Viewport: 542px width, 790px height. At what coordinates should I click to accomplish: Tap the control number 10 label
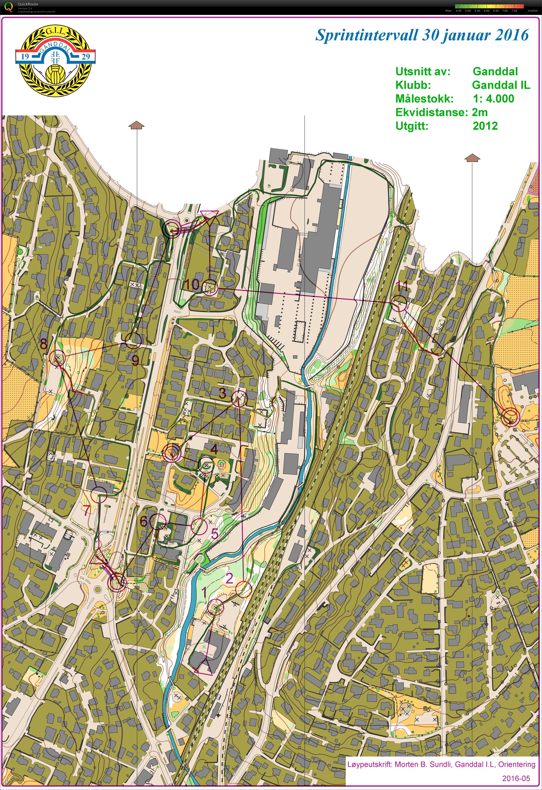click(x=191, y=284)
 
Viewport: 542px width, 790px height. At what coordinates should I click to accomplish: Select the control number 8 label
click(x=44, y=344)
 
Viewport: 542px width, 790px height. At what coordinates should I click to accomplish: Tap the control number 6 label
click(x=144, y=521)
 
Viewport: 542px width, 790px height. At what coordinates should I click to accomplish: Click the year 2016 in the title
click(x=512, y=35)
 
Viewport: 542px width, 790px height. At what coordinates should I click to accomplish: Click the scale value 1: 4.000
click(x=493, y=99)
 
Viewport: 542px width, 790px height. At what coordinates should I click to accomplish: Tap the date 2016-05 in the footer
click(x=516, y=778)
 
